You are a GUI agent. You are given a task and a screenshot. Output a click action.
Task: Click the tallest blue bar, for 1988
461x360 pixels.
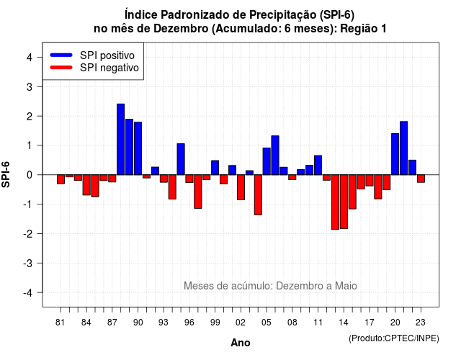pyautogui.click(x=120, y=139)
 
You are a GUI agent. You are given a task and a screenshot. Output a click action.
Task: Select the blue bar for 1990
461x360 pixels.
pyautogui.click(x=138, y=148)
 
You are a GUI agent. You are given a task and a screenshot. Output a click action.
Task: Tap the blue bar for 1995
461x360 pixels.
pyautogui.click(x=181, y=159)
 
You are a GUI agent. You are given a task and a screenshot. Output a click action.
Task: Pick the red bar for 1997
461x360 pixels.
pyautogui.click(x=198, y=192)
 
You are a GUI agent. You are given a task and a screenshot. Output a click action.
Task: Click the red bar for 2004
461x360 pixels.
pyautogui.click(x=258, y=195)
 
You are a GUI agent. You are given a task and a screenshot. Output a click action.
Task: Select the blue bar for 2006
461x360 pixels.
pyautogui.click(x=275, y=156)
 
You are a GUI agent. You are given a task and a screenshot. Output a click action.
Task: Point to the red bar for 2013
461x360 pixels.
pyautogui.click(x=335, y=202)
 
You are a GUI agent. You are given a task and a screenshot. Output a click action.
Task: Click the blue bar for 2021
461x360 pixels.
pyautogui.click(x=403, y=148)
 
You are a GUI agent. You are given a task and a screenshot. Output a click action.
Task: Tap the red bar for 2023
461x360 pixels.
pyautogui.click(x=421, y=179)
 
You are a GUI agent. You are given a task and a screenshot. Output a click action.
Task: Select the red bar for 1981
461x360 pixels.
pyautogui.click(x=61, y=179)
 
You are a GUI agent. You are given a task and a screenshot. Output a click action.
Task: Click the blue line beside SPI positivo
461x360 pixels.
pyautogui.click(x=61, y=55)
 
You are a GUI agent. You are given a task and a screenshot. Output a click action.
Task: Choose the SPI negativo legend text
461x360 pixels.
pyautogui.click(x=109, y=68)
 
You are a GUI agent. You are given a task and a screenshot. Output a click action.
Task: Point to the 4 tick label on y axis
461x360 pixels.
pyautogui.click(x=30, y=58)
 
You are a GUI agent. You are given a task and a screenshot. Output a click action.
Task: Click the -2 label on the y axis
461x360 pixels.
pyautogui.click(x=28, y=233)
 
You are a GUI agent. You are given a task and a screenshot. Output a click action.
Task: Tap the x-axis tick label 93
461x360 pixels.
pyautogui.click(x=164, y=323)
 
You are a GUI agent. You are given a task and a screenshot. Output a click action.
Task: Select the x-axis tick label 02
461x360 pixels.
pyautogui.click(x=241, y=323)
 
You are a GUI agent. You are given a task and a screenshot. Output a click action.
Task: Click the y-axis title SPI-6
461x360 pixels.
pyautogui.click(x=6, y=174)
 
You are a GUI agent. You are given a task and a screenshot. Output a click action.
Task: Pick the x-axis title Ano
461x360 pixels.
pyautogui.click(x=241, y=343)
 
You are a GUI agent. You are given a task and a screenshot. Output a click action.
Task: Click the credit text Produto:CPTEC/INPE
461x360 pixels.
pyautogui.click(x=394, y=338)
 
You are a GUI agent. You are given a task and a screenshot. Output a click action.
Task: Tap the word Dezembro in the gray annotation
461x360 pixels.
pyautogui.click(x=295, y=286)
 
